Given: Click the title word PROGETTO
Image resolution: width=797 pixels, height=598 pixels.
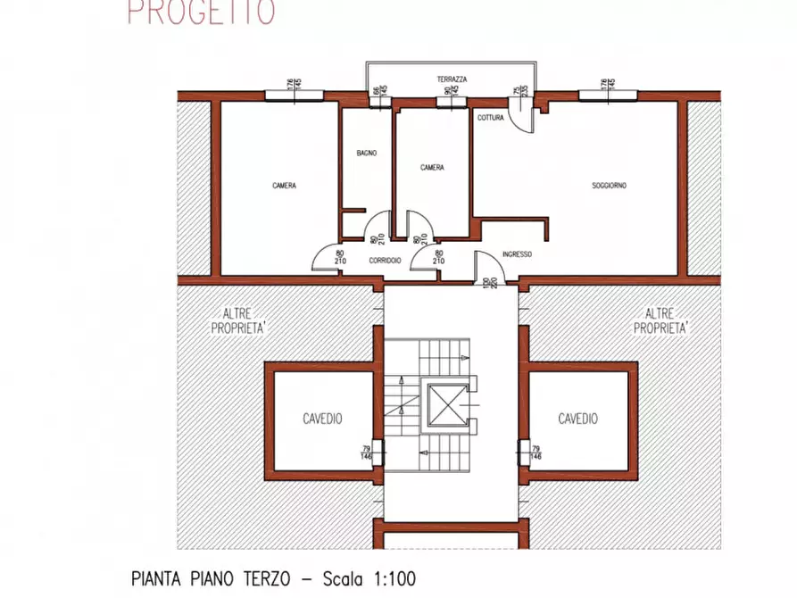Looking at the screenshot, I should click(x=201, y=12).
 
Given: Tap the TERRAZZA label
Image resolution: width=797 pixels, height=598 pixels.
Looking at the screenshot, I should click(x=452, y=79).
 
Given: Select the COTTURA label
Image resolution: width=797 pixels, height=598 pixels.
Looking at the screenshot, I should click(x=490, y=118).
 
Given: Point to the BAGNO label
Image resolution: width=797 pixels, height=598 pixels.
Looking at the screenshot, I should click(x=366, y=154).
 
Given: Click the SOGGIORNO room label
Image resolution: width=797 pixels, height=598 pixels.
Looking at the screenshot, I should click(x=609, y=186).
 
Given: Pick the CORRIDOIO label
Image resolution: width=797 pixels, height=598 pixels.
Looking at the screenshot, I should click(x=385, y=260).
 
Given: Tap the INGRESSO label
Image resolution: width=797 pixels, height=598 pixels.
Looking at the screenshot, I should click(x=517, y=254).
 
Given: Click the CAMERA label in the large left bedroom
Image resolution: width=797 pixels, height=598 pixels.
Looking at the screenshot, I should click(x=284, y=186).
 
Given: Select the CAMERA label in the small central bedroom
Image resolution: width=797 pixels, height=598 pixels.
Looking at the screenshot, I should click(x=433, y=167).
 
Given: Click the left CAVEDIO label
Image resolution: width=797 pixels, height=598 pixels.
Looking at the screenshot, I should click(x=322, y=419).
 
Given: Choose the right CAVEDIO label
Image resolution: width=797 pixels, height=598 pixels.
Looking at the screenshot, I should click(x=577, y=419).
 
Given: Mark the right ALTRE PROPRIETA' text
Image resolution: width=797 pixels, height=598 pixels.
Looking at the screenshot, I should click(x=660, y=320).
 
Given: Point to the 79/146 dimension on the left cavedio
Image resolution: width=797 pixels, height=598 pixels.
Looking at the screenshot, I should click(x=365, y=453).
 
